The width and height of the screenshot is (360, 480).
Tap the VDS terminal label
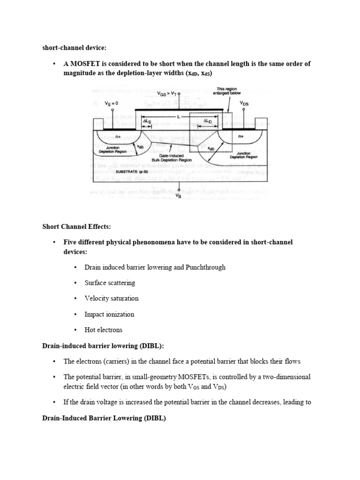pos(244,103)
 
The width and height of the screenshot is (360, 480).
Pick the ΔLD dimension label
pos(207,120)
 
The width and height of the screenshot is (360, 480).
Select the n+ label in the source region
pos(119,136)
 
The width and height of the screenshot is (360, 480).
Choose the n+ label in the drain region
pos(241,136)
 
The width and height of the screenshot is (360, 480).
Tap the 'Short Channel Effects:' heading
pos(76,227)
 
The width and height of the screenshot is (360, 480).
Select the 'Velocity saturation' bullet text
pos(112,299)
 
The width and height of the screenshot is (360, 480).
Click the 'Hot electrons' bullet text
pos(103,330)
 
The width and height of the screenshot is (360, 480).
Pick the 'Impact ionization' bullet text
pos(109,314)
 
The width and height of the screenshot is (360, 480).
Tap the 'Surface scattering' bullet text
pos(110,283)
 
